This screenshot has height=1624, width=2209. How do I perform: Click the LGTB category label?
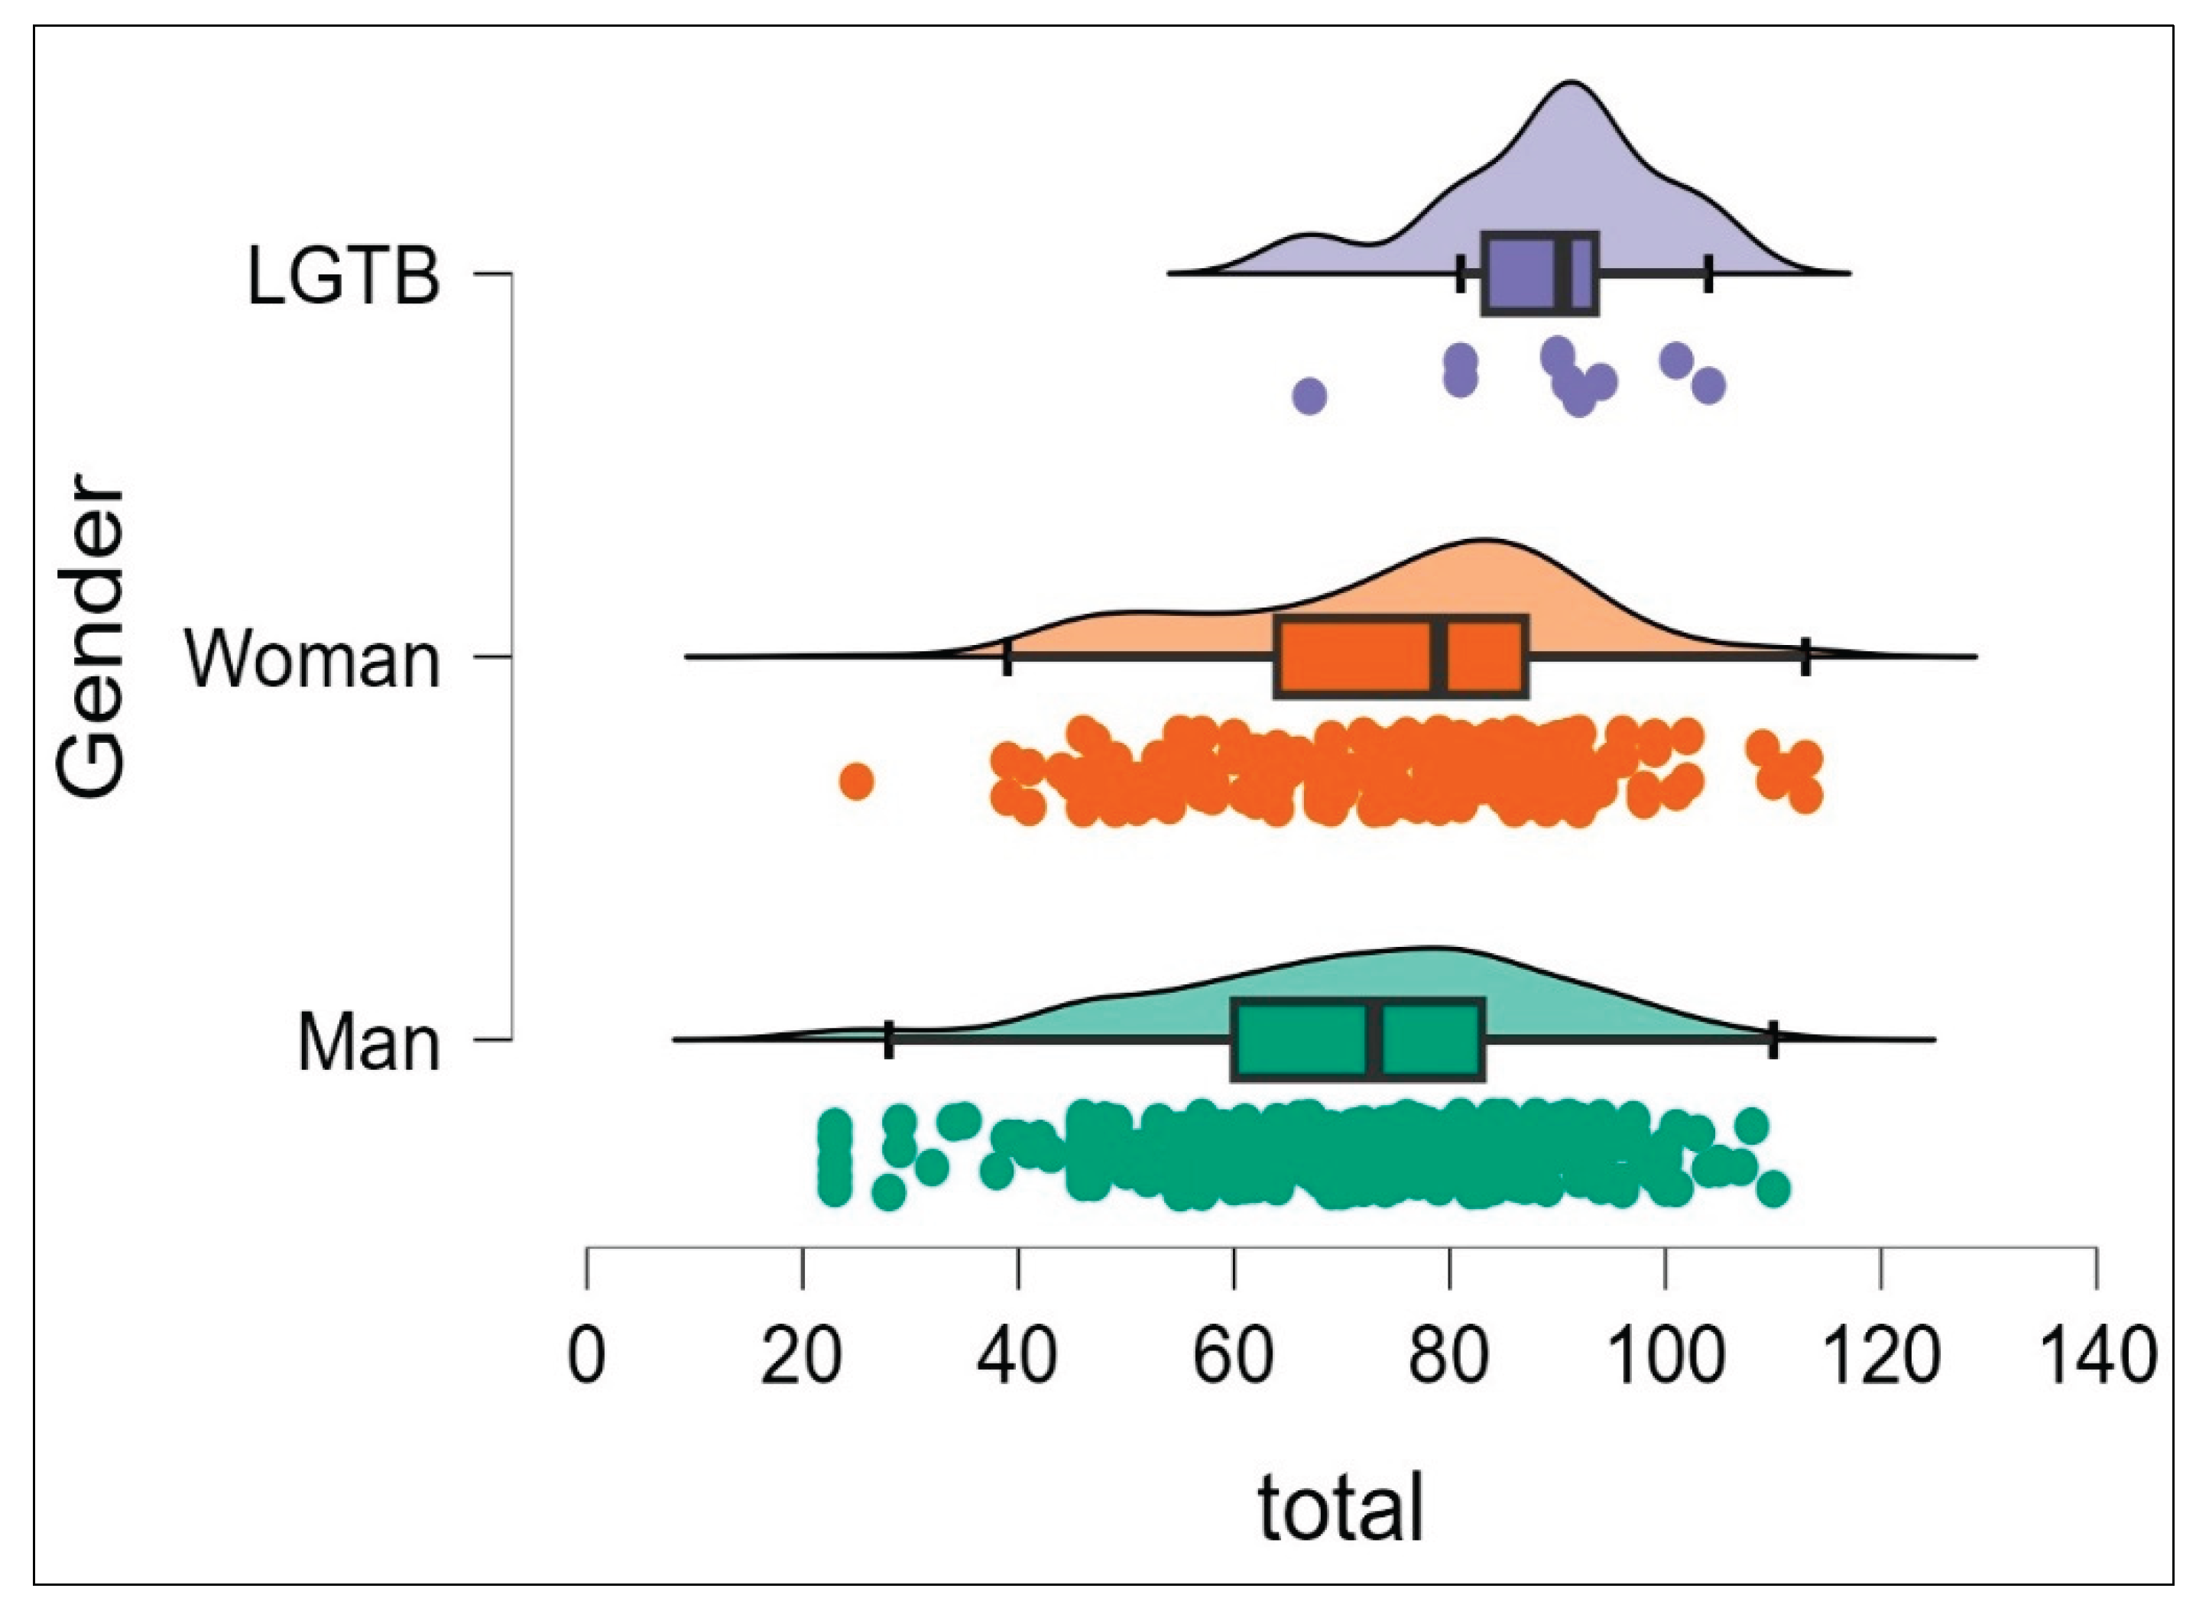(343, 276)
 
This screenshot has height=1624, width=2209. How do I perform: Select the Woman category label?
(313, 660)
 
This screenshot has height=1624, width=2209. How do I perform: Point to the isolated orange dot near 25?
(856, 783)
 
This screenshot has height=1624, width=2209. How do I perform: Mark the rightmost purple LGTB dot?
(1710, 385)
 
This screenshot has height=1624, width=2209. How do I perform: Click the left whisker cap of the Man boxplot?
(889, 1040)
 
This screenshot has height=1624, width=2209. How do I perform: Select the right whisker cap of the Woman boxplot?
(1805, 656)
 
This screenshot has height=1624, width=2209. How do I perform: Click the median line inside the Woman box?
(1439, 658)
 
